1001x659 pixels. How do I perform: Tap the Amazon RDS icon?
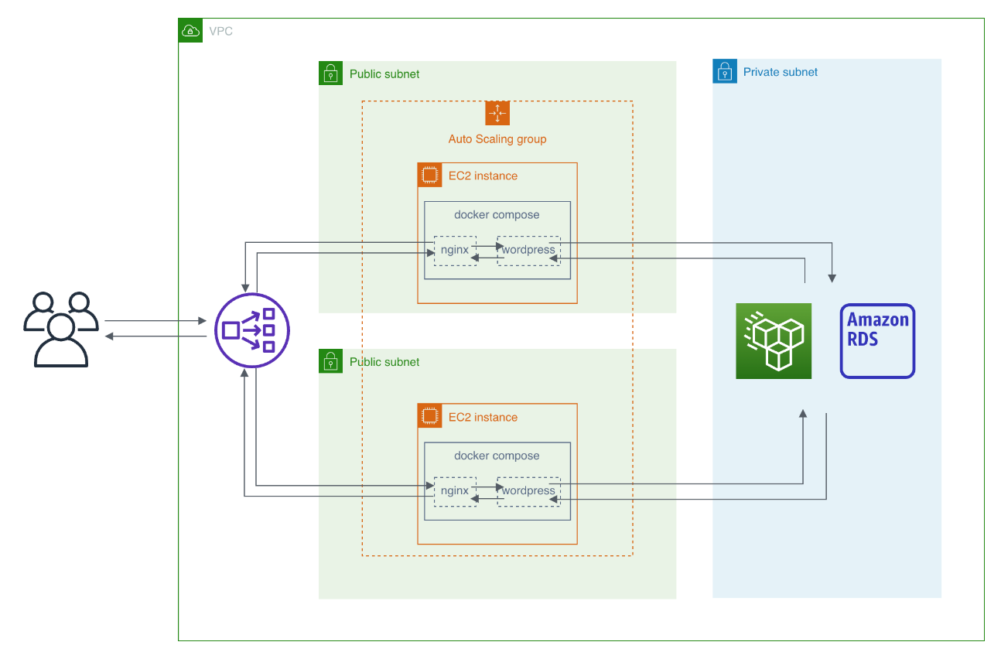pyautogui.click(x=877, y=341)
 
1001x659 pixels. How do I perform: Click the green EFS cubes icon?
pyautogui.click(x=774, y=341)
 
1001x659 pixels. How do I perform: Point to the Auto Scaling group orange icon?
pyautogui.click(x=497, y=113)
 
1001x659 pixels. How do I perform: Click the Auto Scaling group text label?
pyautogui.click(x=497, y=139)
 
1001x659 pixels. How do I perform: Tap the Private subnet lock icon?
pyautogui.click(x=724, y=71)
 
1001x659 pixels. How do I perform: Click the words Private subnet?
pyautogui.click(x=780, y=72)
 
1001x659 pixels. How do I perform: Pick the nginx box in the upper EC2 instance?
pyautogui.click(x=455, y=251)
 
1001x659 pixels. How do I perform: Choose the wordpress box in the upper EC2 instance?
pyautogui.click(x=528, y=251)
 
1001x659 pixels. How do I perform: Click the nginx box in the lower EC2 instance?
pyautogui.click(x=455, y=491)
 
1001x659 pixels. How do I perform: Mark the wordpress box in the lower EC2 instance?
pyautogui.click(x=528, y=491)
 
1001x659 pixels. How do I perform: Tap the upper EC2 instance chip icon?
pyautogui.click(x=429, y=175)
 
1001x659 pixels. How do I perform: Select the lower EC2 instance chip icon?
pyautogui.click(x=429, y=416)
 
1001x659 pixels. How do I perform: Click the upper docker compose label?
pyautogui.click(x=497, y=215)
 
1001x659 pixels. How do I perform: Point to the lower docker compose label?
pyautogui.click(x=497, y=456)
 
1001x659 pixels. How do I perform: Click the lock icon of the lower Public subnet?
pyautogui.click(x=330, y=361)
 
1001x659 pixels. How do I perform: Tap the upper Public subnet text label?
pyautogui.click(x=384, y=74)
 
